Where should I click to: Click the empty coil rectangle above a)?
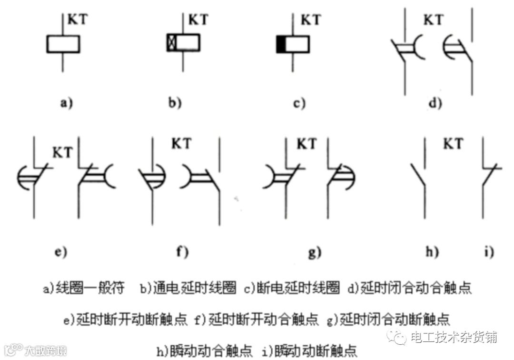[x=63, y=44]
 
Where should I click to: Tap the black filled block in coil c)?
[x=281, y=44]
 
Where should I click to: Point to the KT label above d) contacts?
[x=433, y=20]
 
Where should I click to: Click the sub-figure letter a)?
[x=66, y=103]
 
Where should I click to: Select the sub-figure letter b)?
[x=174, y=103]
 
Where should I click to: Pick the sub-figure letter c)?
[x=299, y=103]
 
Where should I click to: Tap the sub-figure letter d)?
[x=435, y=103]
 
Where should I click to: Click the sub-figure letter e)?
[x=61, y=252]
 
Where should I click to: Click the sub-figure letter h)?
[x=432, y=252]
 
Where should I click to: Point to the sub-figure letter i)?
[x=489, y=252]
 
